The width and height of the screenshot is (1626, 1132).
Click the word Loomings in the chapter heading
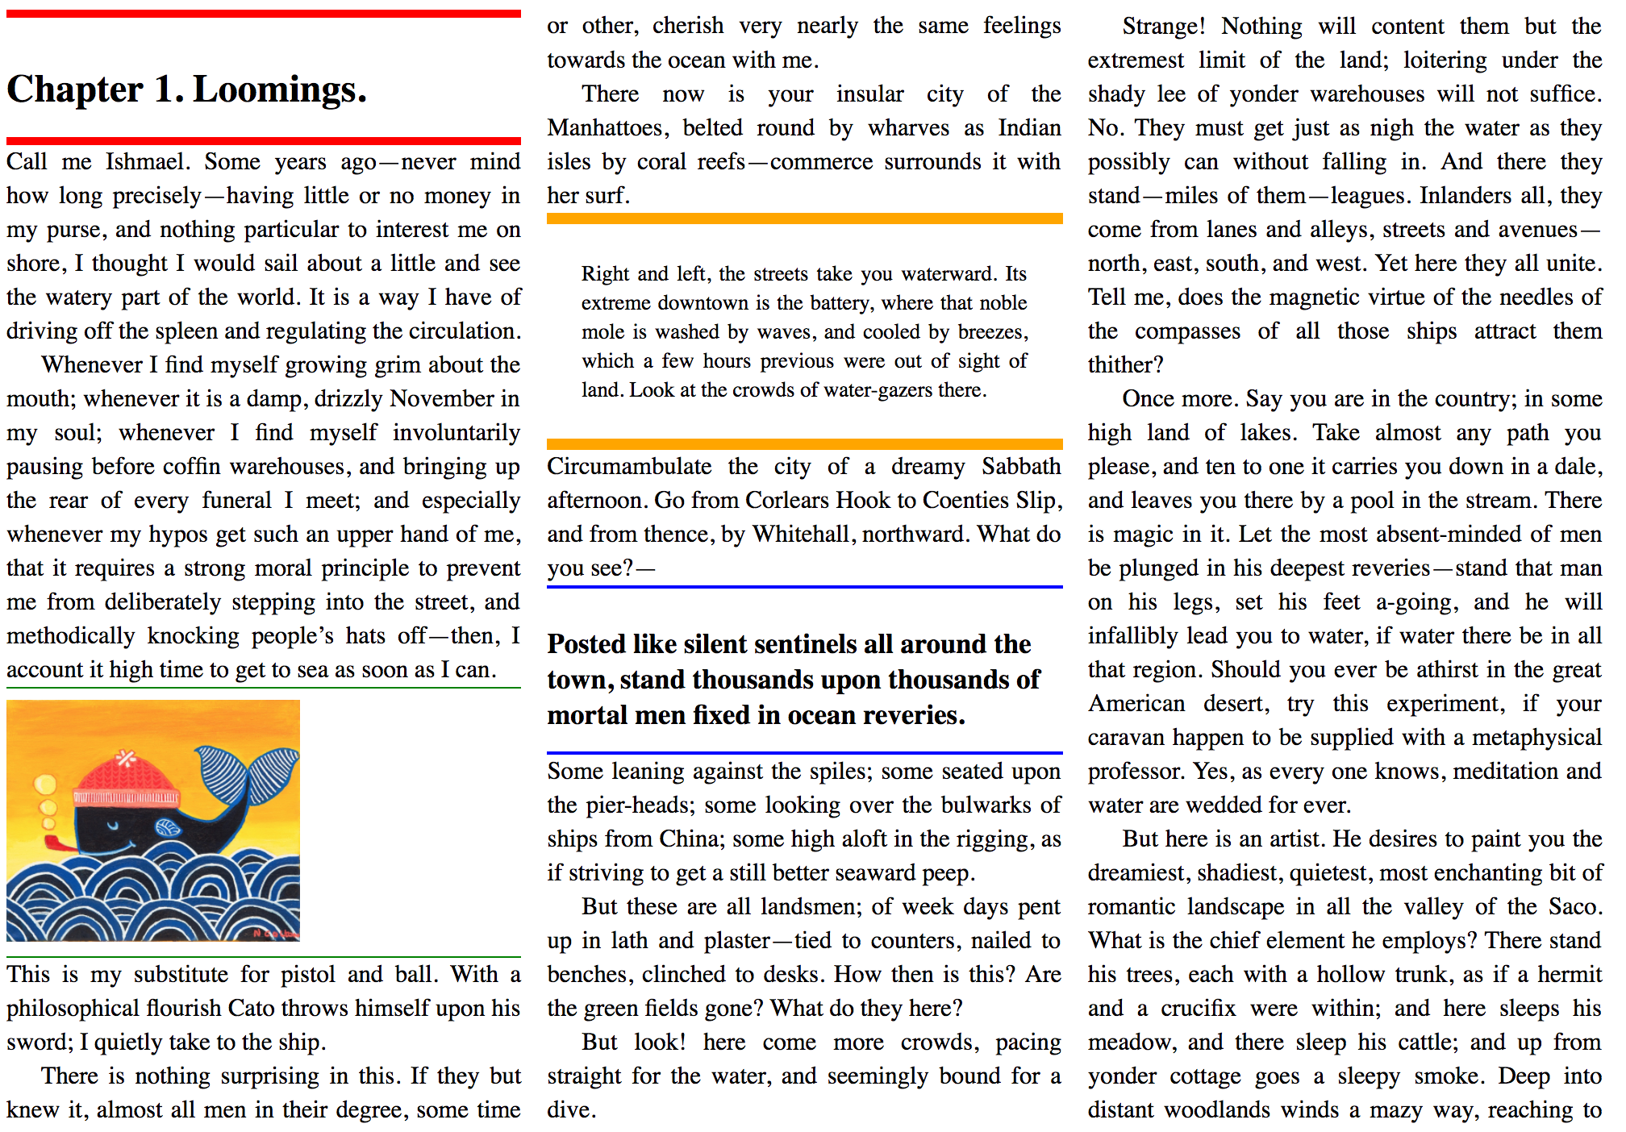[279, 89]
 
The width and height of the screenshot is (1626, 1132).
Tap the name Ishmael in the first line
[147, 162]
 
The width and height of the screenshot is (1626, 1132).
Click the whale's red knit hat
[126, 779]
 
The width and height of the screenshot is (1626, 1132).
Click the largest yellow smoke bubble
[44, 784]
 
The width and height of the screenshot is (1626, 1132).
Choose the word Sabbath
[1020, 467]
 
